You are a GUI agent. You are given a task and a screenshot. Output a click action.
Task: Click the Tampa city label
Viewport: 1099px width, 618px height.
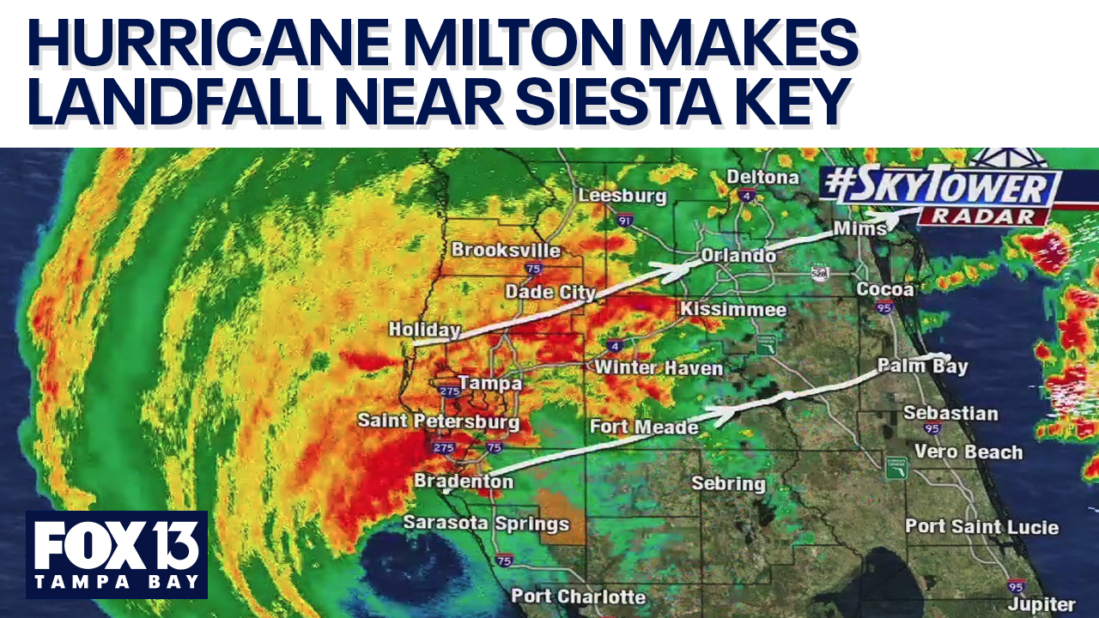[490, 383]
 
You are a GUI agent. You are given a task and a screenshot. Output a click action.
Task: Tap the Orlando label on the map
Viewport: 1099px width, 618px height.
[738, 256]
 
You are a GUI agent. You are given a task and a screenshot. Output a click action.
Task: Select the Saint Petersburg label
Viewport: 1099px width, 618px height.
[438, 421]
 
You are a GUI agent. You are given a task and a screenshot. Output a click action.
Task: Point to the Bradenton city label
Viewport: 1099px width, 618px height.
[464, 482]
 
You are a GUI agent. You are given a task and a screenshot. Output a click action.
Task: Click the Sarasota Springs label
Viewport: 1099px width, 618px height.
[486, 523]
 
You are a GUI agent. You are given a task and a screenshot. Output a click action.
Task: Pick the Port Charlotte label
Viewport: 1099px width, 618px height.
[578, 596]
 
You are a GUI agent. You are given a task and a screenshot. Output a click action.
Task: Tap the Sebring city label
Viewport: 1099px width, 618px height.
[728, 483]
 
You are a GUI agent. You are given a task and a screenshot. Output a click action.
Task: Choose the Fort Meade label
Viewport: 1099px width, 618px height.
[644, 426]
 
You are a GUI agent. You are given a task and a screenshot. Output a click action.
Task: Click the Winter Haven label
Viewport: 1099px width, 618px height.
[659, 368]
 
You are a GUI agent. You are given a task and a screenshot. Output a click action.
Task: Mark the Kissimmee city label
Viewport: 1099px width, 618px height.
[733, 309]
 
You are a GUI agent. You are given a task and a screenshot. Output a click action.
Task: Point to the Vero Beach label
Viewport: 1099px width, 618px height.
[968, 451]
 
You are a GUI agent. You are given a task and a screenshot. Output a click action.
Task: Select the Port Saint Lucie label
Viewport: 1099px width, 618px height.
[981, 526]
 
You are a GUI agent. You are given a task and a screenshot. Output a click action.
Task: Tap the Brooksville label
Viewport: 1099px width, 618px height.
[506, 250]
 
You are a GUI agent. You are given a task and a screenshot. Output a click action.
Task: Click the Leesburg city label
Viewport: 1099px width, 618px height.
[622, 196]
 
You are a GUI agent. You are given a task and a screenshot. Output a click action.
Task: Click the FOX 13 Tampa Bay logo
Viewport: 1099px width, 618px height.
[117, 554]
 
